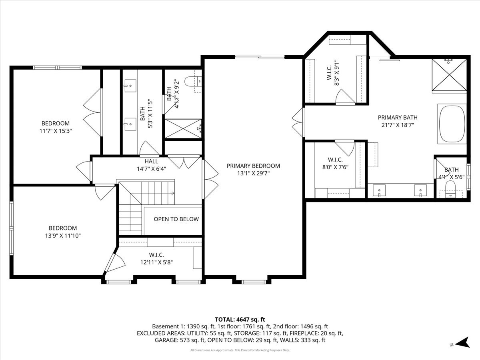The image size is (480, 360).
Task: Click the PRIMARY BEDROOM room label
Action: point(253,166)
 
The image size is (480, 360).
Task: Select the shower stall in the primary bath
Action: point(449,76)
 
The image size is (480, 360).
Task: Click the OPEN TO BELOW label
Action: point(176,219)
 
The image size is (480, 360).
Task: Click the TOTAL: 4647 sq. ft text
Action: point(240,319)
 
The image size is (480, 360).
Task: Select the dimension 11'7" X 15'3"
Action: point(56,130)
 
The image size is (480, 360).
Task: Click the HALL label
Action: point(151,161)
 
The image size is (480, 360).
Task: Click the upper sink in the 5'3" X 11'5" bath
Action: point(130,85)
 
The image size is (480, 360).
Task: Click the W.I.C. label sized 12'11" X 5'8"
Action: point(156,255)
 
